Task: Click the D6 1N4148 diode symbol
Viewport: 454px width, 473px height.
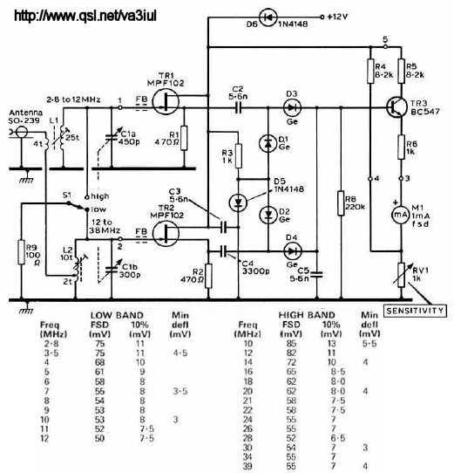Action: [268, 17]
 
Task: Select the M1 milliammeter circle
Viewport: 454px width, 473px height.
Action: [401, 215]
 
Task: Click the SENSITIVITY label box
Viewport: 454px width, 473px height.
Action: [415, 311]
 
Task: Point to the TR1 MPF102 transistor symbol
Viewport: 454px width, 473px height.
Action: [166, 101]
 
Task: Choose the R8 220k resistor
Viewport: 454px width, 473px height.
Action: [341, 203]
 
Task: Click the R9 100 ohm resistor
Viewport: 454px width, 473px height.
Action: [22, 251]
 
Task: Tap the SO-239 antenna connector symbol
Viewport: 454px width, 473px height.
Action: [22, 132]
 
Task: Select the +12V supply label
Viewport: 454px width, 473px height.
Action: [337, 17]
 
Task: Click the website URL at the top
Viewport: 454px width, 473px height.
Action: [85, 16]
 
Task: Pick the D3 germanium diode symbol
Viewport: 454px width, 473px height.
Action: [292, 107]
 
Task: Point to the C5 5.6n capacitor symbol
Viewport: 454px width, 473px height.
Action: [316, 275]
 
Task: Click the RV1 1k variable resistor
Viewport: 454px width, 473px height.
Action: [401, 275]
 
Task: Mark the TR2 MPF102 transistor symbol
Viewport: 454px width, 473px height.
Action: [166, 233]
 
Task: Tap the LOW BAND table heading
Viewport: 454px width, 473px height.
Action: [117, 316]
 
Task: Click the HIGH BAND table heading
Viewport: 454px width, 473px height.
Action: [307, 315]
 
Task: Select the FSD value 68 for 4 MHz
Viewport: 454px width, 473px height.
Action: [99, 362]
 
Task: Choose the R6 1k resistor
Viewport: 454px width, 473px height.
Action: [401, 147]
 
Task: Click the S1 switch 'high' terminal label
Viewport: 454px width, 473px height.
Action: [100, 196]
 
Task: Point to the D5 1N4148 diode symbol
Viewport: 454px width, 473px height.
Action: [238, 202]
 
